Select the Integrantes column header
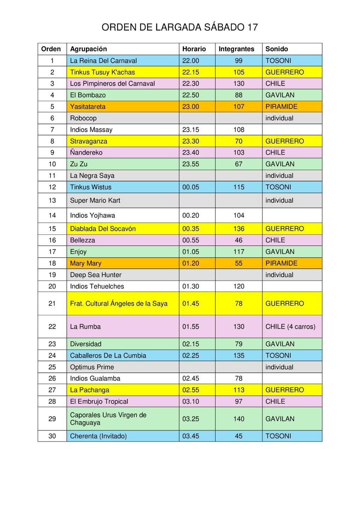[236, 49]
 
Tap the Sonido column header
[277, 49]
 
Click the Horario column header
[194, 49]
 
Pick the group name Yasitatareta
[88, 107]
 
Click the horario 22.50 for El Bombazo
[191, 95]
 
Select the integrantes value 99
[239, 61]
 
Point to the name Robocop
[83, 118]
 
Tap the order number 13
[52, 200]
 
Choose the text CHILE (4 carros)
[290, 327]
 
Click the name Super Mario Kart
[95, 200]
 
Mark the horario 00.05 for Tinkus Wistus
[191, 187]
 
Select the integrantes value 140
[239, 419]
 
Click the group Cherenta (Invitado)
[98, 436]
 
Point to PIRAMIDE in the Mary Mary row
[281, 263]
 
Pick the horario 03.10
[191, 402]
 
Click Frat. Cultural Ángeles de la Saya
[119, 304]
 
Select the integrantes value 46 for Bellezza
[239, 240]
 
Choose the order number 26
[52, 379]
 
